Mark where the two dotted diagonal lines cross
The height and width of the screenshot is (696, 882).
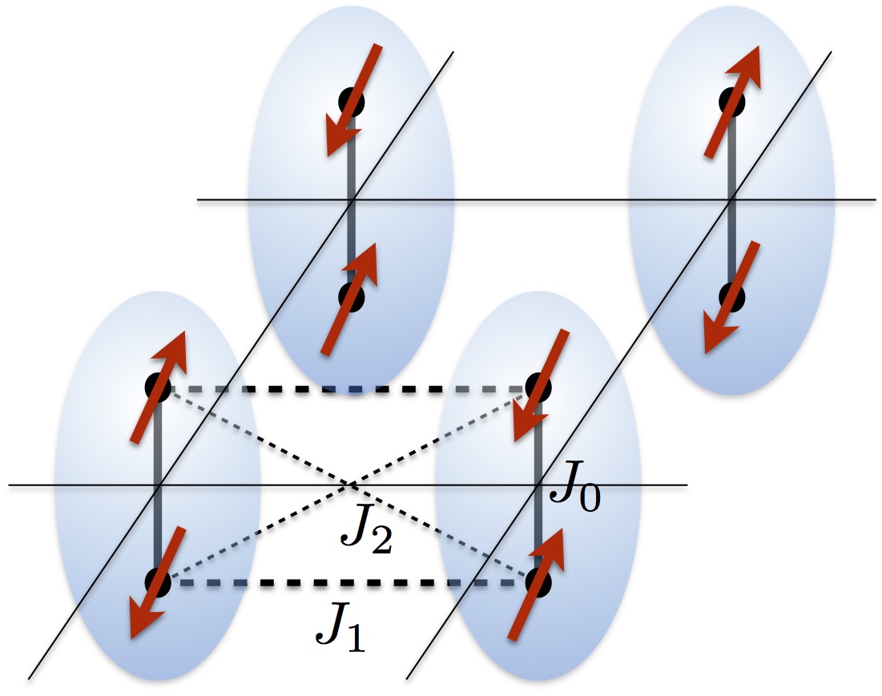[x=349, y=485]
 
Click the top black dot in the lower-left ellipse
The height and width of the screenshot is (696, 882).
[x=157, y=388]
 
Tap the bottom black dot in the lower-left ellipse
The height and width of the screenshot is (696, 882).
[x=157, y=582]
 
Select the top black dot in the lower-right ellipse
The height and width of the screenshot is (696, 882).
[x=538, y=388]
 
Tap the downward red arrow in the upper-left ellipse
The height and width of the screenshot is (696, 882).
[x=352, y=101]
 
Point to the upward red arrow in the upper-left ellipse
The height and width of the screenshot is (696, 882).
[x=350, y=297]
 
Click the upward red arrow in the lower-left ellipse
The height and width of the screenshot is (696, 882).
[x=159, y=384]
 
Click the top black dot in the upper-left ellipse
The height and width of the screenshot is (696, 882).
[x=351, y=102]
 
